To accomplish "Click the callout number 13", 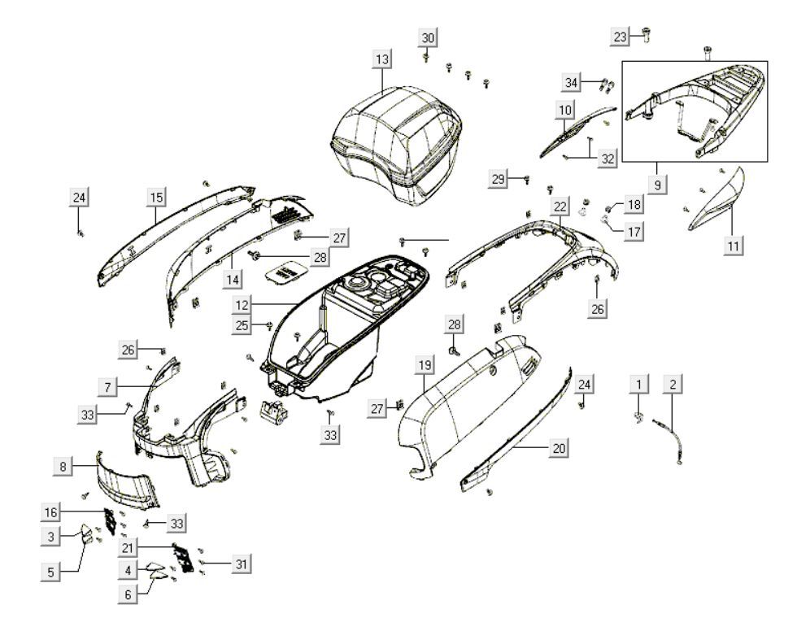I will [x=382, y=59].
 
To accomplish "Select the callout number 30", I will [x=429, y=37].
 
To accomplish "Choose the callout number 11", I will [x=734, y=243].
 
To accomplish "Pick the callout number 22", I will [x=560, y=207].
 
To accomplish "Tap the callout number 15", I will [x=156, y=197].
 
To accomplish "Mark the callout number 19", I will [x=424, y=366].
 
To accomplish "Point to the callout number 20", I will [x=560, y=447].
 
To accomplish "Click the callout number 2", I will [x=673, y=383].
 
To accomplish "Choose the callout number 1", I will [x=640, y=383].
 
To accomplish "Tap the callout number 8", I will [x=63, y=466].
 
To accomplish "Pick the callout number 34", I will [x=573, y=82].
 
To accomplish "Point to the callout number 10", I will [x=564, y=108].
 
